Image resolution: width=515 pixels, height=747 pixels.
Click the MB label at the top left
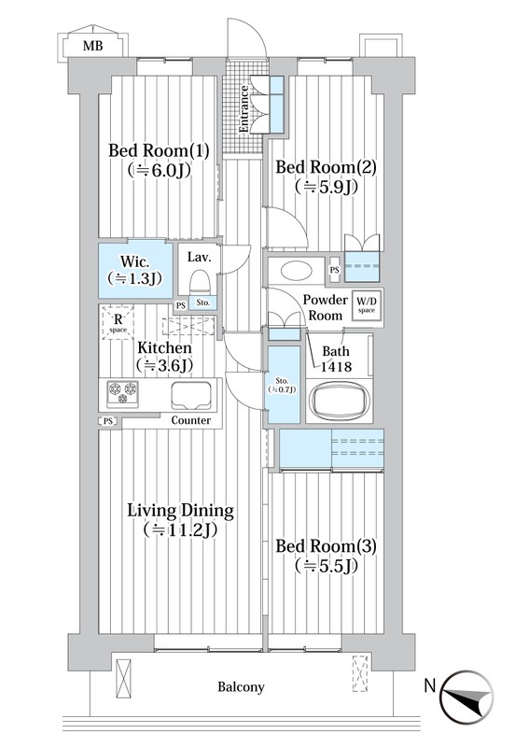[92, 46]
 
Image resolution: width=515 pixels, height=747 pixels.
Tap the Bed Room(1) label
[159, 150]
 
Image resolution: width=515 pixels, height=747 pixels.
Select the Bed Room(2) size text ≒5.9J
[326, 186]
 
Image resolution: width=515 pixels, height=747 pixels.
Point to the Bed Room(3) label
[326, 546]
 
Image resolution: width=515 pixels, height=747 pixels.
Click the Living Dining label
[180, 511]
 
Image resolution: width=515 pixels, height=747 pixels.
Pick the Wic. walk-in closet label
[134, 261]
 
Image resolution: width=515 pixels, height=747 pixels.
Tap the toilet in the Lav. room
[200, 283]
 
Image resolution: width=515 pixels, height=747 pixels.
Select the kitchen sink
[191, 395]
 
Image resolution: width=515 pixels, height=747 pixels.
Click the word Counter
[191, 420]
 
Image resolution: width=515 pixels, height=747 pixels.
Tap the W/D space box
[367, 305]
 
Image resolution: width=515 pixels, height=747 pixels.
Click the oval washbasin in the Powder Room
[297, 271]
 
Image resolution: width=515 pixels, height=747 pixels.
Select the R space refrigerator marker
[118, 322]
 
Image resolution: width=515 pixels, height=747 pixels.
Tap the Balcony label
[241, 687]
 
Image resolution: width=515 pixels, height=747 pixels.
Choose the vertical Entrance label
[244, 109]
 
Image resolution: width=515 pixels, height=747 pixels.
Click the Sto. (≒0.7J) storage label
[282, 385]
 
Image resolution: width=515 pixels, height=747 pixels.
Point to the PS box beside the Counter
[108, 421]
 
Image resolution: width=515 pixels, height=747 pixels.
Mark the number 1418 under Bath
[336, 366]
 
